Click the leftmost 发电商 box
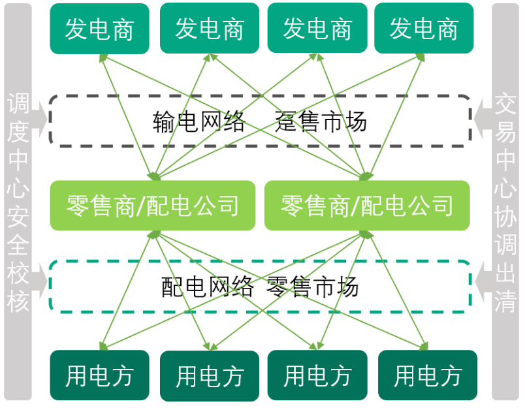pyautogui.click(x=99, y=29)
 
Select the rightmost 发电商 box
pyautogui.click(x=424, y=29)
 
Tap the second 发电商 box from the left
pyautogui.click(x=210, y=29)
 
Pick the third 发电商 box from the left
pyautogui.click(x=317, y=29)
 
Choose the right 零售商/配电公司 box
pyautogui.click(x=367, y=205)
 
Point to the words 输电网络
pyautogui.click(x=200, y=121)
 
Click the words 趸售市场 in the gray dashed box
pyautogui.click(x=321, y=121)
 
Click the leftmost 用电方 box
pyautogui.click(x=99, y=375)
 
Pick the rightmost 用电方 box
pyautogui.click(x=428, y=376)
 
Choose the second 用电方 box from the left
pyautogui.click(x=210, y=376)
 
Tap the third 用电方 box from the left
pyautogui.click(x=317, y=376)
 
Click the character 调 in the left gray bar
pyautogui.click(x=18, y=104)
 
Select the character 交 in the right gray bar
pyautogui.click(x=506, y=104)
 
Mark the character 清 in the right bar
pyautogui.click(x=506, y=302)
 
